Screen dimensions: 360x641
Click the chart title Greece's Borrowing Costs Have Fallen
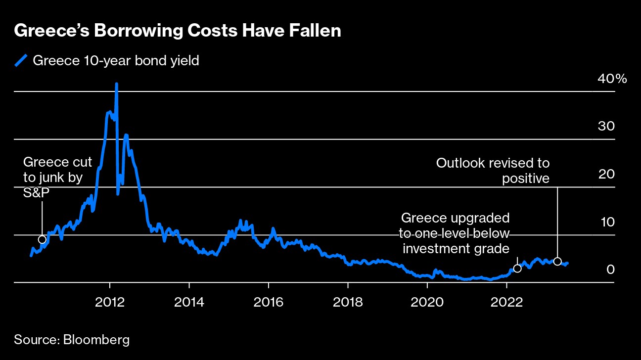178,31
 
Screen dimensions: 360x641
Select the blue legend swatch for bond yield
20,61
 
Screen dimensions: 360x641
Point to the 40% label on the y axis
611,79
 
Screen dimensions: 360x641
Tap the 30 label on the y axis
606,126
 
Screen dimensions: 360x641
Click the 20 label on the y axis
606,174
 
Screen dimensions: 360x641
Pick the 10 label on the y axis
606,222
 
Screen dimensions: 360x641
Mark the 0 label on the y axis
610,270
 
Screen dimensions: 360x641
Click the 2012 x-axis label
110,302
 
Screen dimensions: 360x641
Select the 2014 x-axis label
189,302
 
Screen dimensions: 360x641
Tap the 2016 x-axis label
268,302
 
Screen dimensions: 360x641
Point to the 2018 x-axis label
348,302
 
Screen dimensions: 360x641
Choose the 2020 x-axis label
427,302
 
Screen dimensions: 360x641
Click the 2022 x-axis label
506,302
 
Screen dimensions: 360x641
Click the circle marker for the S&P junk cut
42,240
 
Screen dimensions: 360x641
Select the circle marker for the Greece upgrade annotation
517,269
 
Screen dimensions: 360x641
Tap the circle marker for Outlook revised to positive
557,262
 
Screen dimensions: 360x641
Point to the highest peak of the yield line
117,85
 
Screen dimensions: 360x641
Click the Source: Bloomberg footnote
72,340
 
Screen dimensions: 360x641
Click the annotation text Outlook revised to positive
493,170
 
